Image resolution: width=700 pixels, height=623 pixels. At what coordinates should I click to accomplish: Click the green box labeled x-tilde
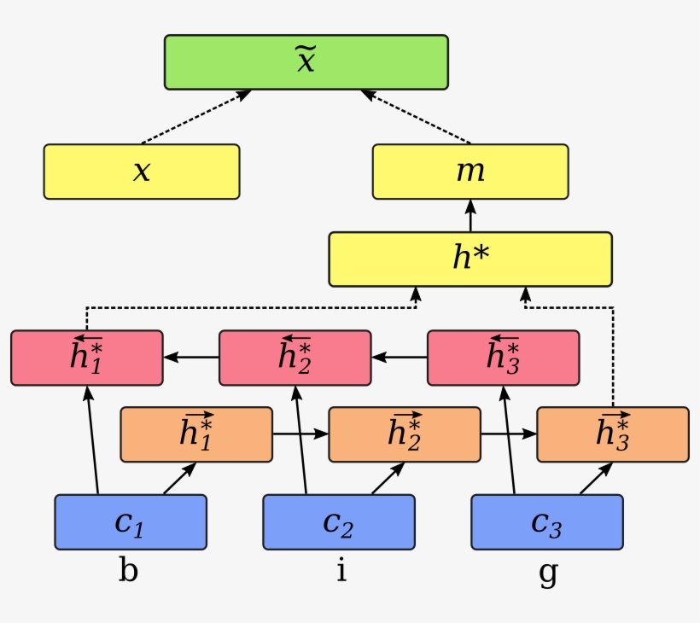pos(306,62)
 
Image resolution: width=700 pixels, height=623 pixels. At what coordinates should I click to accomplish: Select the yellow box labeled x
pos(142,172)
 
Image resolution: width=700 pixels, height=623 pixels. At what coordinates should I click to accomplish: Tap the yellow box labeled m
pos(470,172)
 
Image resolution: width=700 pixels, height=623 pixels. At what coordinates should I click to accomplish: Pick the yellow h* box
pos(470,259)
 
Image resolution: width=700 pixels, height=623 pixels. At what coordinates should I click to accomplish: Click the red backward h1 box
pos(86,358)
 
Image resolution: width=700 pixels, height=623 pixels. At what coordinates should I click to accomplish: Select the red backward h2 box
pos(295,358)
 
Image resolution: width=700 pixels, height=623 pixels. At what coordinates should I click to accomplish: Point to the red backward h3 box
pos(503,358)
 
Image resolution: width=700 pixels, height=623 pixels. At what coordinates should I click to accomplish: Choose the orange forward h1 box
pos(196,434)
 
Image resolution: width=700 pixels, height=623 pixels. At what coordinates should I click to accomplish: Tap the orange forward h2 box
pos(404,434)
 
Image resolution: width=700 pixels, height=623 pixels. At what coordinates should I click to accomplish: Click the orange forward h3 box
pos(612,434)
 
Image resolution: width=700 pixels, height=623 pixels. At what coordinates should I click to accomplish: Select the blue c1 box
pos(131,521)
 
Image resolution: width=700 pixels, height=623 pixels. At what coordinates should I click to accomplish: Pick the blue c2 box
pos(338,521)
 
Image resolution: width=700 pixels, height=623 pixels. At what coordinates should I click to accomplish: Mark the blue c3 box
pos(546,521)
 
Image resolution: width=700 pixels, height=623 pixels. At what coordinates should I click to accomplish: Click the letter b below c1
pos(127,570)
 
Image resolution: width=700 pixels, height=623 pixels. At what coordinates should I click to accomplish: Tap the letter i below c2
pos(341,570)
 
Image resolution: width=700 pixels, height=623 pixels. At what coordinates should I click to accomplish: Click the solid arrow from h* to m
pos(470,216)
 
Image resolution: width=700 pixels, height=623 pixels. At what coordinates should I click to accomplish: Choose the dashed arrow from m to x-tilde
pos(416,117)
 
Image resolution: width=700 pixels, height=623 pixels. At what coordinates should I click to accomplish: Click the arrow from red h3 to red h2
pos(399,358)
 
